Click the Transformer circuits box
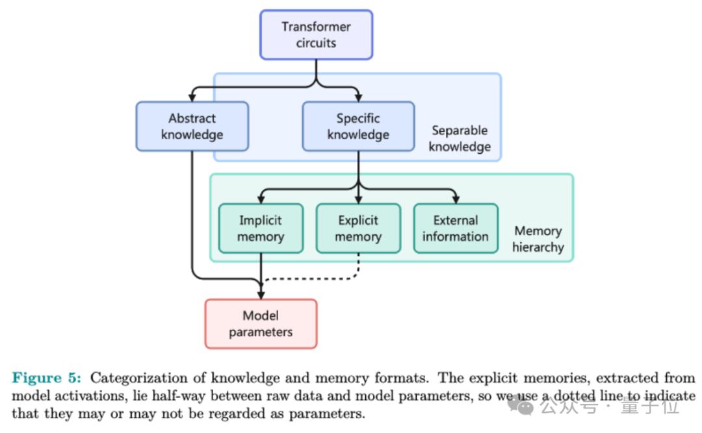pos(316,35)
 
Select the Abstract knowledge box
pos(192,127)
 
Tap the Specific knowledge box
pos(358,127)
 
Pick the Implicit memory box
pos(260,229)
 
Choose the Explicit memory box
pos(357,229)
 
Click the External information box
pos(456,229)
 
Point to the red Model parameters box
pos(261,324)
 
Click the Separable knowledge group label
pos(459,138)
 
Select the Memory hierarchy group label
pos(538,239)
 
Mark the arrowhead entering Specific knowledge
pos(358,97)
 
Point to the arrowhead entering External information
pos(456,199)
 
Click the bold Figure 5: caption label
pos(46,378)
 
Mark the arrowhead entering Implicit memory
pos(261,199)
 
